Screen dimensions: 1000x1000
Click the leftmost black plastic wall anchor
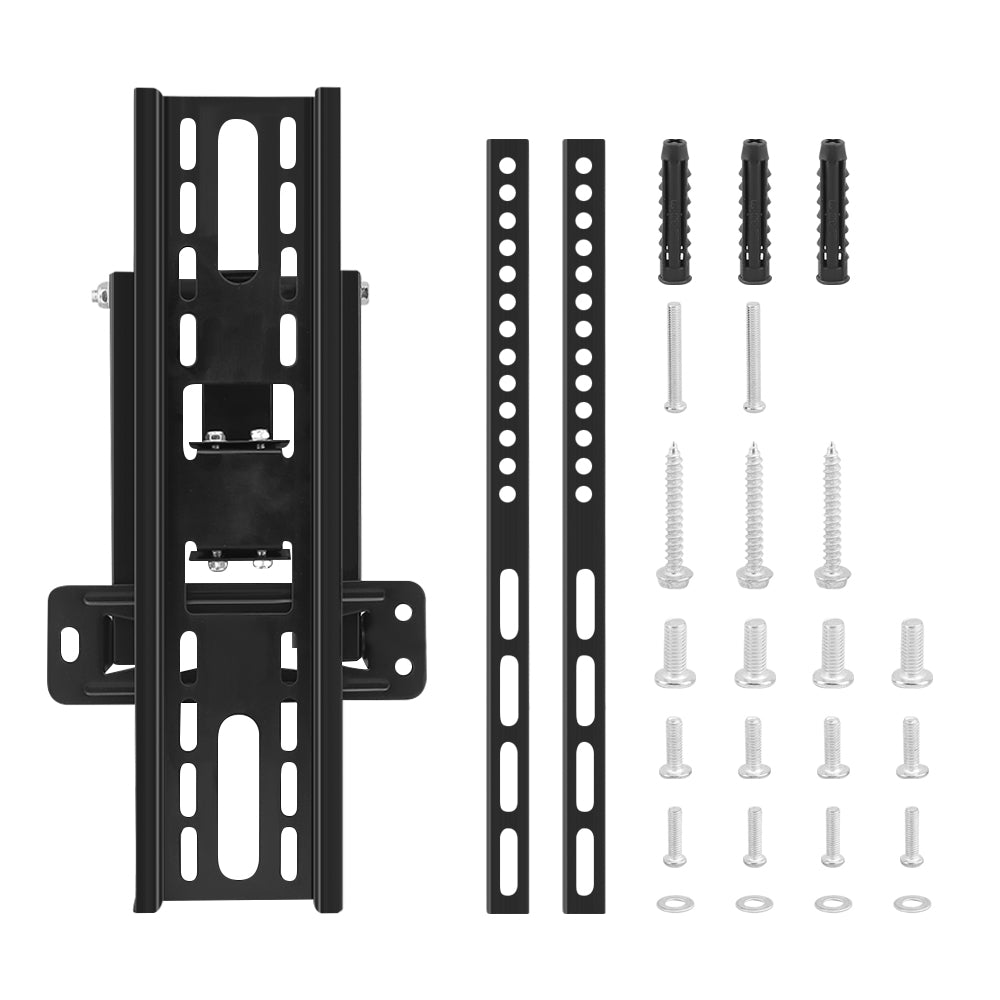coord(675,211)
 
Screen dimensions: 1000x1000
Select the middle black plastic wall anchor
coord(754,211)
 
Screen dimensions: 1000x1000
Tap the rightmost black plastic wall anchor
coord(833,211)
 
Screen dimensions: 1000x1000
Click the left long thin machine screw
coord(674,357)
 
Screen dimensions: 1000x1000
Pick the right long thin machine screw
coord(753,357)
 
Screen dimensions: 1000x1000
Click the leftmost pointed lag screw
coord(674,514)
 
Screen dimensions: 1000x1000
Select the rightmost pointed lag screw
coord(832,514)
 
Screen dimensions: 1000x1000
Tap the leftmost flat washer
coord(675,903)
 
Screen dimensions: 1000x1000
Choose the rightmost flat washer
coord(911,903)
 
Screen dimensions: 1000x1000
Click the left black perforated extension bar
coord(508,525)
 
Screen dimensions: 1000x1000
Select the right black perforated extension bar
coord(583,525)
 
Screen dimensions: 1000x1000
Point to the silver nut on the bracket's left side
coord(100,295)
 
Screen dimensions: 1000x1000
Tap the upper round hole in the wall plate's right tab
coord(403,610)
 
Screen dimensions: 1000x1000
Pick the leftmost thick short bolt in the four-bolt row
coord(675,653)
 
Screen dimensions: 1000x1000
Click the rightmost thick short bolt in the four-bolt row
coord(911,653)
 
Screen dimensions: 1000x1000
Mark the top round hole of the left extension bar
coord(508,162)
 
